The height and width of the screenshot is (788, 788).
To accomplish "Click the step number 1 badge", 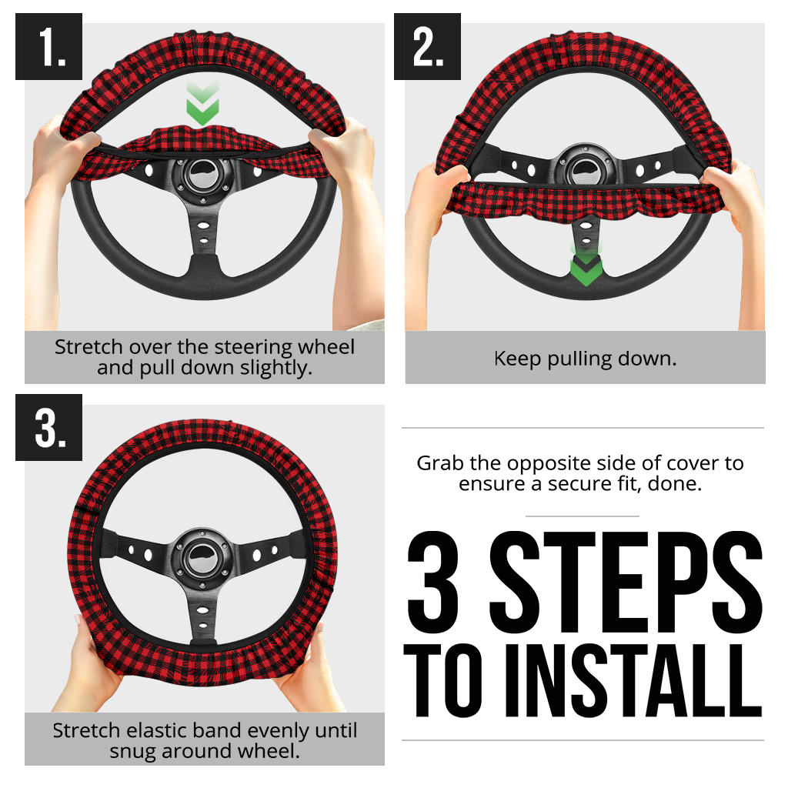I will pos(48,47).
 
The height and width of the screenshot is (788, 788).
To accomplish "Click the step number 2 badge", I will pos(427,47).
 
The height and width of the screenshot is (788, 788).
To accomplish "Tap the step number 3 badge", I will pos(48,428).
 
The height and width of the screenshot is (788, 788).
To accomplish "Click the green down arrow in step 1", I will pos(202,105).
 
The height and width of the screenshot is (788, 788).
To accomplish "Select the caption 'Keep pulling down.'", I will pos(585,359).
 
